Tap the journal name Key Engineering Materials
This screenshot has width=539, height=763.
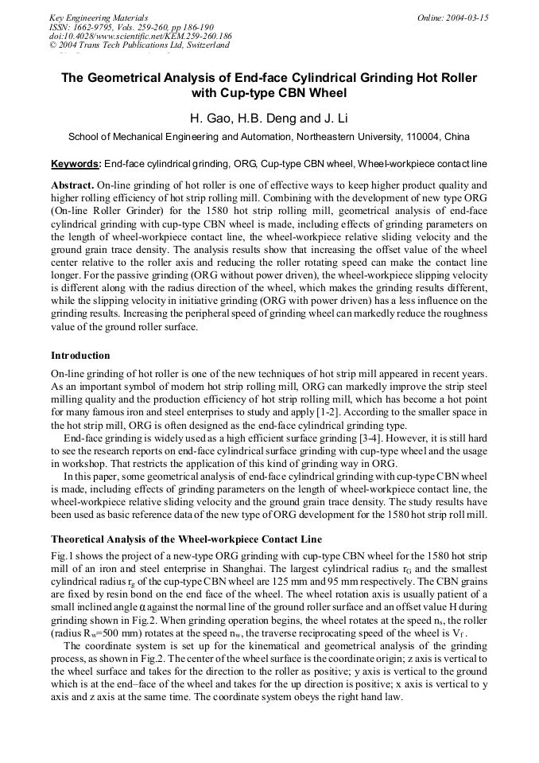[x=99, y=17]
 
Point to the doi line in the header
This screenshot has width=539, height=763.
[x=140, y=36]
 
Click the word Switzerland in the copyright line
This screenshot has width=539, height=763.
[x=205, y=45]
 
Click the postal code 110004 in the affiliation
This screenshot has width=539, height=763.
[x=422, y=137]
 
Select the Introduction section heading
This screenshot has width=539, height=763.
[x=80, y=355]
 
